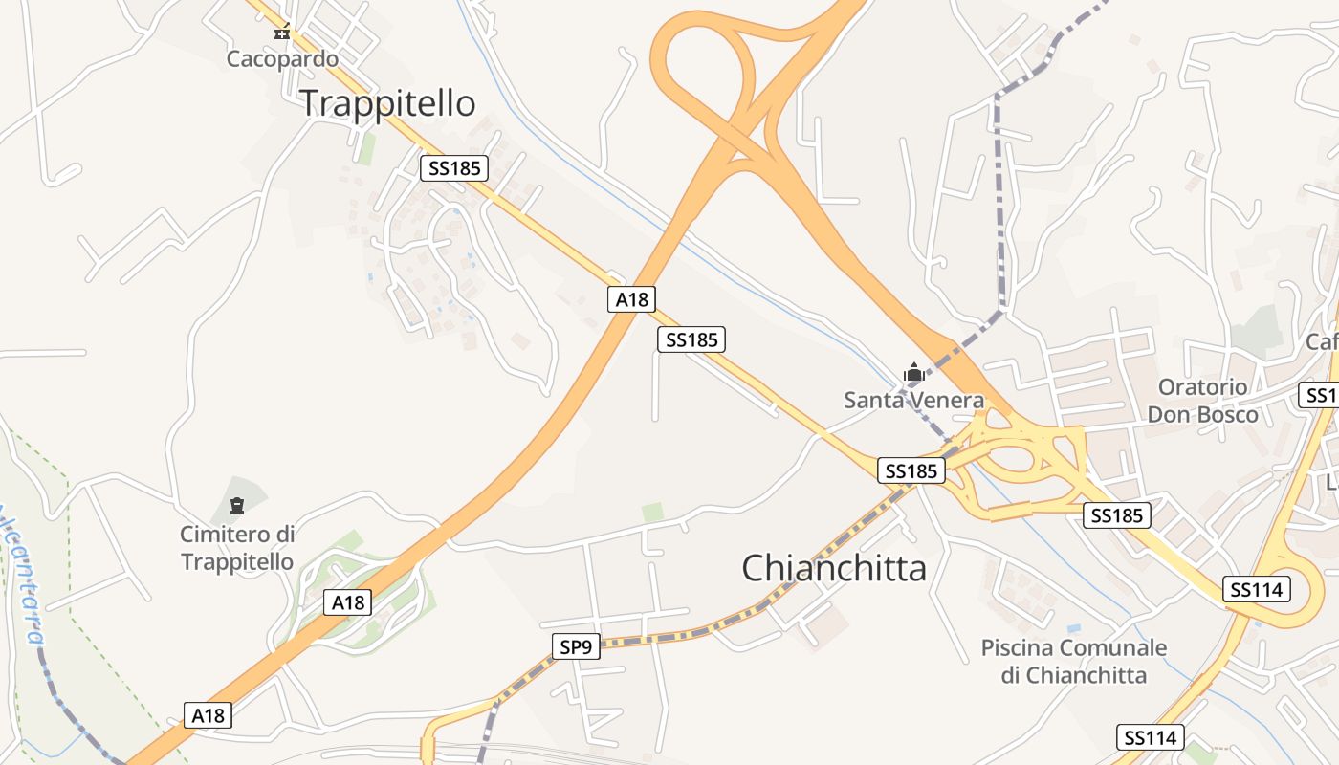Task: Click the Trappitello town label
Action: (388, 103)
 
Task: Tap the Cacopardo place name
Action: (282, 59)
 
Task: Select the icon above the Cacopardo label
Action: (282, 33)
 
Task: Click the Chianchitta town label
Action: (834, 568)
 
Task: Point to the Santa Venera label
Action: (913, 400)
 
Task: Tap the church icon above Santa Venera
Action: (914, 372)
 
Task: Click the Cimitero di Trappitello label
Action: (237, 547)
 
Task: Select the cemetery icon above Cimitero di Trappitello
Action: (237, 505)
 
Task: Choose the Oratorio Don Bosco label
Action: (1202, 401)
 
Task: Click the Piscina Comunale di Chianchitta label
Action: (1074, 661)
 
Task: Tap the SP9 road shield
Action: (576, 647)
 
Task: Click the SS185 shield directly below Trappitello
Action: (454, 168)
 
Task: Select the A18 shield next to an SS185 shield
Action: (631, 299)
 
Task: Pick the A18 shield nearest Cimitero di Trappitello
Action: (348, 602)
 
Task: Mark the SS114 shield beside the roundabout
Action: (1257, 590)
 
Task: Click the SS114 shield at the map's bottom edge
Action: (1150, 737)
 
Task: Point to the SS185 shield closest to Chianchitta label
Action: (911, 470)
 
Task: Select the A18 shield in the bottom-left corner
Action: (208, 714)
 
